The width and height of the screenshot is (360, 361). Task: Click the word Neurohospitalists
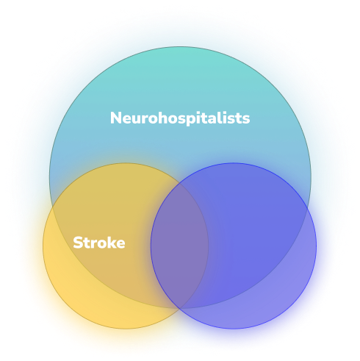click(180, 118)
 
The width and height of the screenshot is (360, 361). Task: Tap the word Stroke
click(99, 243)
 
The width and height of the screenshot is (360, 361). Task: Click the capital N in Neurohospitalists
click(115, 118)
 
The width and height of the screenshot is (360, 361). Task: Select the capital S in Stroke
click(77, 243)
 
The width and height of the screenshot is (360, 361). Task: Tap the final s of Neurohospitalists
click(246, 119)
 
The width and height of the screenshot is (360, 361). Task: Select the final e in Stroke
click(120, 244)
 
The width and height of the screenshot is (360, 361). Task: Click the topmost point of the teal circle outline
click(180, 46)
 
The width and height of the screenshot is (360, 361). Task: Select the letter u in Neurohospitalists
click(136, 120)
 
